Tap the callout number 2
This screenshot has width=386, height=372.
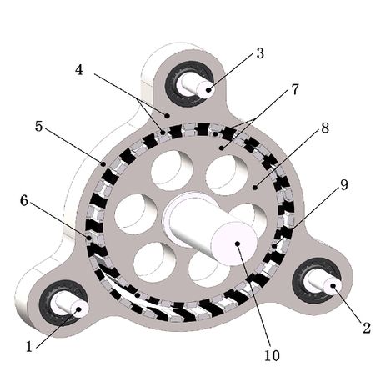(367, 328)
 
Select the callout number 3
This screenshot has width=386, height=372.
(260, 53)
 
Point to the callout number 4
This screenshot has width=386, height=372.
(79, 70)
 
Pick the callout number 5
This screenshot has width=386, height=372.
(39, 127)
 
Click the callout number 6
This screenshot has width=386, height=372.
(24, 200)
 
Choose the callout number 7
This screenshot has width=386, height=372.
(294, 89)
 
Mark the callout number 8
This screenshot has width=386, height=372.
(325, 128)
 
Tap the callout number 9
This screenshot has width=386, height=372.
(344, 185)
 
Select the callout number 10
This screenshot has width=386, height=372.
(272, 355)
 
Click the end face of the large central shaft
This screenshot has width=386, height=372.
(235, 244)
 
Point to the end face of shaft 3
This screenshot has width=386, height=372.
(206, 89)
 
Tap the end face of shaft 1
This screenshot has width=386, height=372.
(79, 309)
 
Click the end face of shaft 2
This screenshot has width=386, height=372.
(333, 286)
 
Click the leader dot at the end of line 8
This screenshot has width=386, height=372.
(255, 188)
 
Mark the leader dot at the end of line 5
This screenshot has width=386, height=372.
(103, 164)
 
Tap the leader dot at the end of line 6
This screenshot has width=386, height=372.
(89, 238)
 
